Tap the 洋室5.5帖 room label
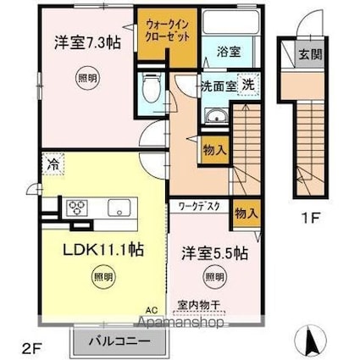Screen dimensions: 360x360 [x=213, y=252]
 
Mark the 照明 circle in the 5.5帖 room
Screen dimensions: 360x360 [x=214, y=275]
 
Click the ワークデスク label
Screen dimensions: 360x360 [x=197, y=205]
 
